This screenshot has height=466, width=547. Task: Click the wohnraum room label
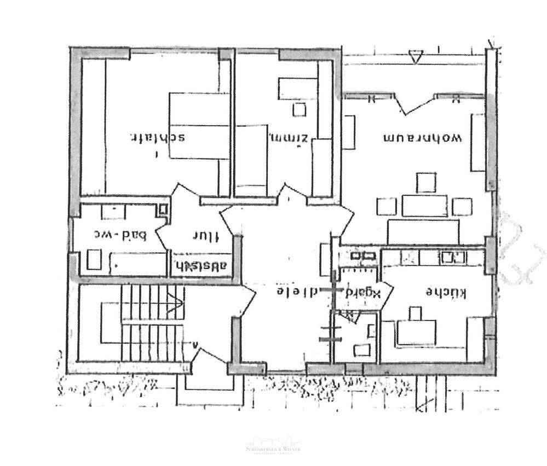423,137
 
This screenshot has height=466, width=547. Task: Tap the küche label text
446,293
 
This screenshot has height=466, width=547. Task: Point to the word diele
297,291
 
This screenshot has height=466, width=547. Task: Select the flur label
205,236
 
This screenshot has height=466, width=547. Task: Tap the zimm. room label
290,137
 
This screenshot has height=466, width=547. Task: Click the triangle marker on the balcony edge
416,56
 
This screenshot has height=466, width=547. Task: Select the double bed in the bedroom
198,126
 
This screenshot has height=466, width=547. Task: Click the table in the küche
416,333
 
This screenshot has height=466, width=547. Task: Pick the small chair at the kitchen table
415,313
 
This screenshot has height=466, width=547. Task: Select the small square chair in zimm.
299,109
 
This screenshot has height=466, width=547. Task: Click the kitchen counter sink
453,257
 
